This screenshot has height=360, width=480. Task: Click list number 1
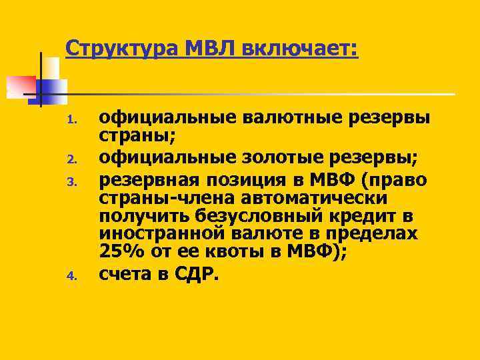click(75, 121)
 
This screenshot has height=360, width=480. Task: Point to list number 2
click(75, 159)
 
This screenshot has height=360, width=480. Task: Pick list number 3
click(75, 179)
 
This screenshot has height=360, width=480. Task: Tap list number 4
click(75, 273)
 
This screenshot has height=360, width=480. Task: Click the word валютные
click(278, 118)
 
